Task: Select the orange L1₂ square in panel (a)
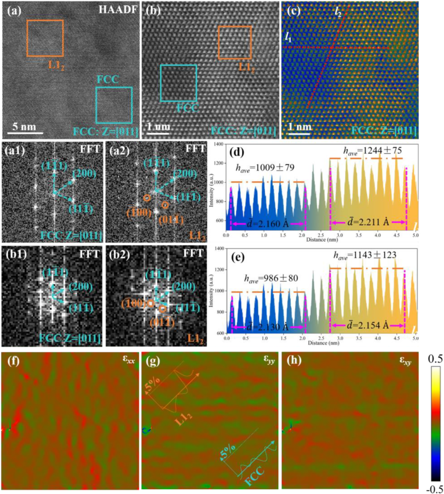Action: (45, 38)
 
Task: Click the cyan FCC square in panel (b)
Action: (179, 83)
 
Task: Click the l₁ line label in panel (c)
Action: (288, 37)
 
